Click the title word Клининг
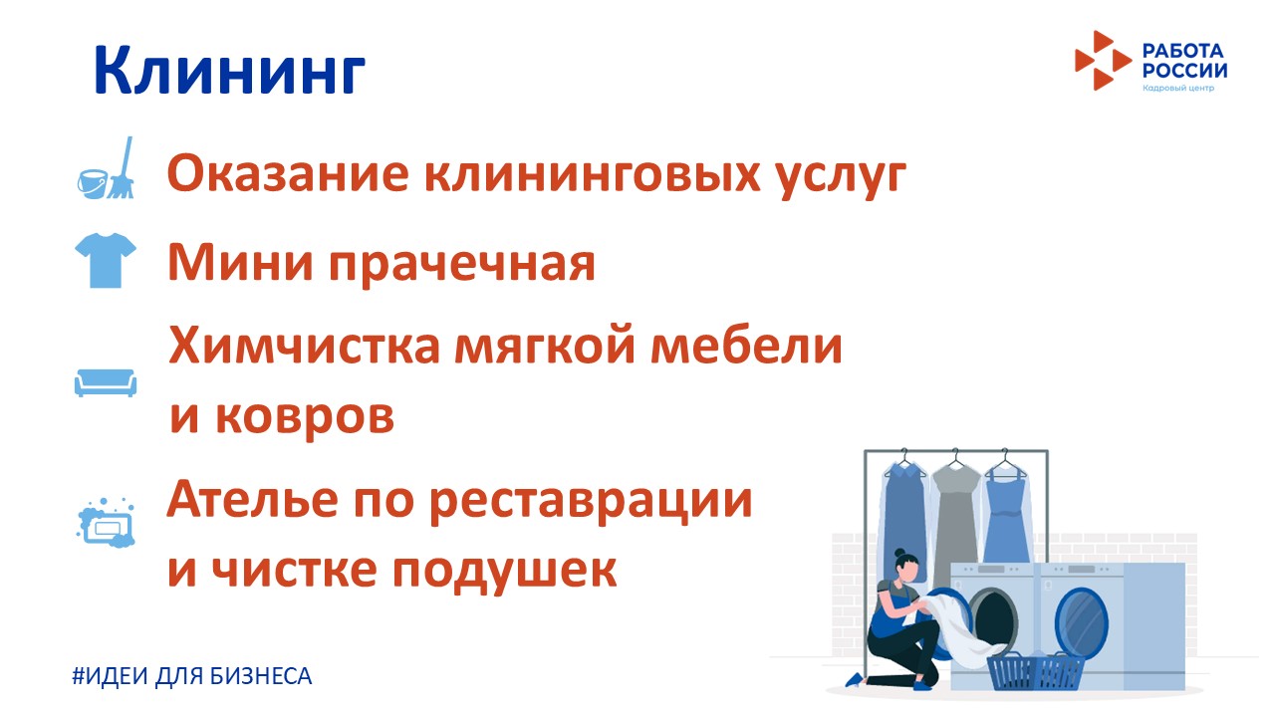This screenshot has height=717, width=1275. tap(229, 71)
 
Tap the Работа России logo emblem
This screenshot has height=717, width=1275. tap(1103, 61)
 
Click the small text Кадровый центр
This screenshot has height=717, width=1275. tap(1178, 89)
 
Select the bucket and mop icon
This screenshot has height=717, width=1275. tap(106, 168)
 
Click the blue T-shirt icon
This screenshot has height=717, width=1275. tap(106, 260)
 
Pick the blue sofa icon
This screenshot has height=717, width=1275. tap(106, 382)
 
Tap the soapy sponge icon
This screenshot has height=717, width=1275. tap(106, 523)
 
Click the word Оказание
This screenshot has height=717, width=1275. tap(288, 173)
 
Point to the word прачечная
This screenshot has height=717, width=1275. tap(461, 264)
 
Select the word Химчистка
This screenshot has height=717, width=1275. tap(305, 345)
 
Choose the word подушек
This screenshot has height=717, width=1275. tap(504, 571)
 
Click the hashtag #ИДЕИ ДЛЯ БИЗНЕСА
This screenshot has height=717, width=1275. tap(192, 676)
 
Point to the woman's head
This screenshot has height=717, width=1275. tap(906, 566)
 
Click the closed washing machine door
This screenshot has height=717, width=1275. tap(1081, 623)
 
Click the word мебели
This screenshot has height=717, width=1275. tap(746, 345)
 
